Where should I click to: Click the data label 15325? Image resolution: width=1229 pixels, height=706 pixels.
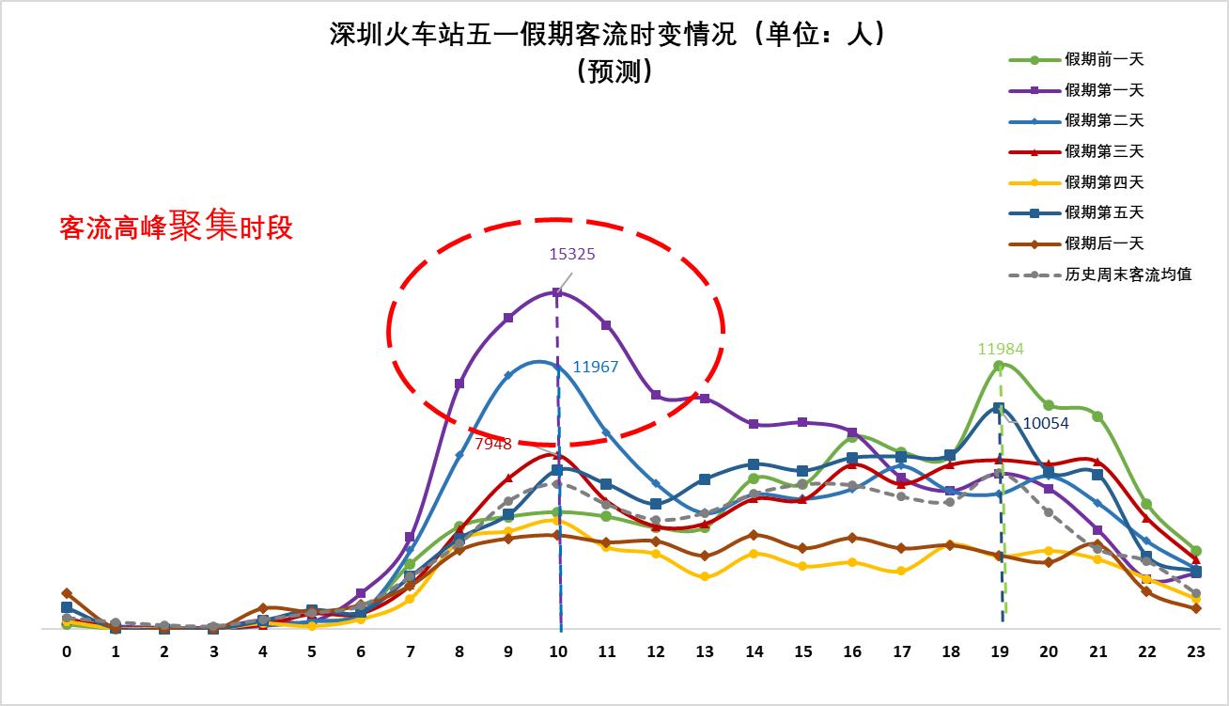tap(572, 254)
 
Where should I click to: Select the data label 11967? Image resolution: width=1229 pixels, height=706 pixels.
tap(596, 367)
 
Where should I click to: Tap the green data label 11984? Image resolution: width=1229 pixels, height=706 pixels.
tap(1001, 349)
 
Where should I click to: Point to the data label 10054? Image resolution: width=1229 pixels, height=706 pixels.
tap(1046, 423)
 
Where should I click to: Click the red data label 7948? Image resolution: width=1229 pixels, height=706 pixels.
tap(493, 443)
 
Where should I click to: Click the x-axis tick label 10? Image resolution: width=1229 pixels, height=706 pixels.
tap(559, 651)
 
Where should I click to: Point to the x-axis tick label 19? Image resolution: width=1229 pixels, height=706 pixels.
tap(1000, 651)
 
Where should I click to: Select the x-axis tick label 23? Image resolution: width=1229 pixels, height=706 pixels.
tap(1196, 651)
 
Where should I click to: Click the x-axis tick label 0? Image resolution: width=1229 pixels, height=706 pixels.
tap(67, 651)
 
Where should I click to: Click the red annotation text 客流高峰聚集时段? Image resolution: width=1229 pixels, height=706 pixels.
tap(176, 227)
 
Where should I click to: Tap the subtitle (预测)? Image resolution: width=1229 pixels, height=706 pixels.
tap(614, 71)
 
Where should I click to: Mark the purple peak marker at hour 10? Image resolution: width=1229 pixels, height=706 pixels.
tap(557, 292)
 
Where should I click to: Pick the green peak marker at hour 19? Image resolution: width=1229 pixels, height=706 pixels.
tap(1000, 365)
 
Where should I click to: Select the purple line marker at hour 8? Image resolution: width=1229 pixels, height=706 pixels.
tap(459, 384)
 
